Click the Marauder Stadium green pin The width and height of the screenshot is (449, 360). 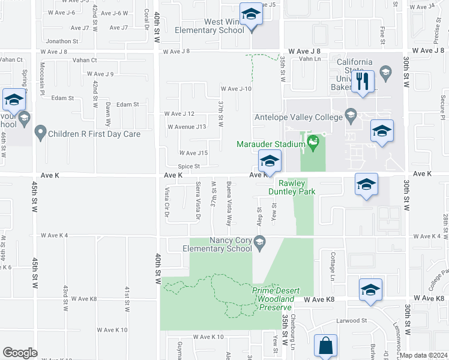pos(312,142)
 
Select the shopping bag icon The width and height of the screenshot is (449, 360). pos(325,346)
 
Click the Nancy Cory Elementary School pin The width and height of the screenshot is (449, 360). pos(260,243)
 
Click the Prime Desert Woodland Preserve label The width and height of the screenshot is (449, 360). pos(273,299)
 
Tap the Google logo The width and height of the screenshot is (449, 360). pos(20,353)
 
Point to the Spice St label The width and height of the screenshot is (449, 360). pos(188,167)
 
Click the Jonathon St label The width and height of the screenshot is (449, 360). pos(62,41)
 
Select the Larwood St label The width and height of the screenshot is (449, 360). pos(351,321)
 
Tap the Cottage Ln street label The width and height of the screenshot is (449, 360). pos(331,266)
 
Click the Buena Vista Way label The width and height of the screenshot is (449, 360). pos(229,202)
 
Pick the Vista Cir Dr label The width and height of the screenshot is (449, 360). pos(167,202)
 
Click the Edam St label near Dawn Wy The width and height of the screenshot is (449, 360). pos(127,104)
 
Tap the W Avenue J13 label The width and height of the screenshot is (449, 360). pos(187,127)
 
